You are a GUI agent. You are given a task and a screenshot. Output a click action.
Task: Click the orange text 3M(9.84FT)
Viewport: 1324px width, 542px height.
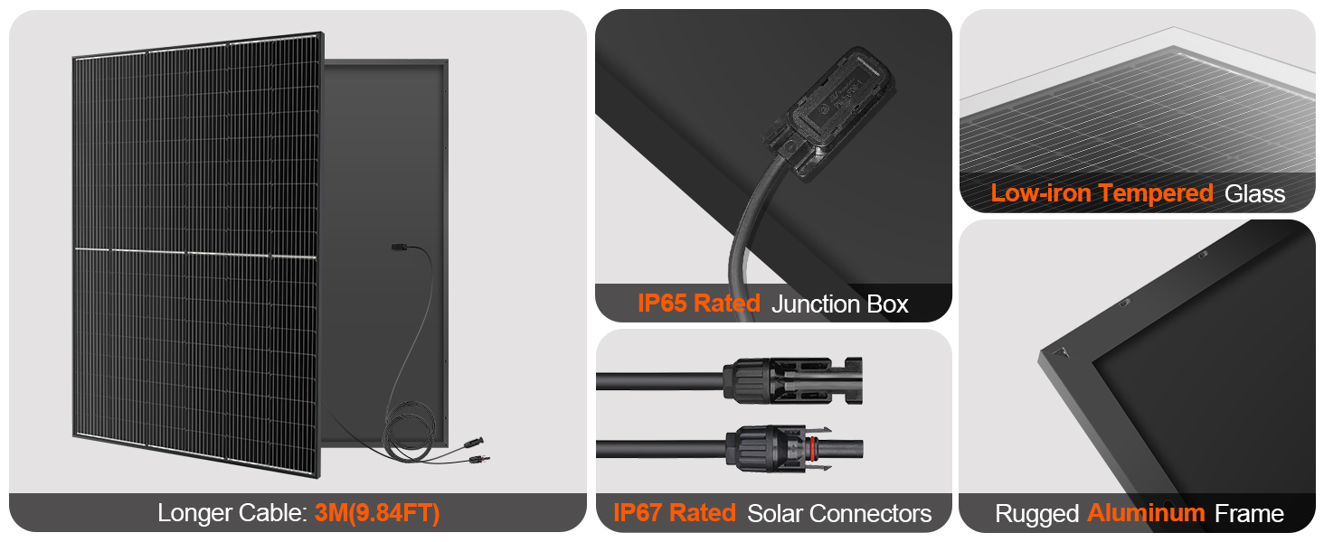tap(378, 513)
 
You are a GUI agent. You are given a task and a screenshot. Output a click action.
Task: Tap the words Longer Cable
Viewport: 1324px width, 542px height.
tap(232, 513)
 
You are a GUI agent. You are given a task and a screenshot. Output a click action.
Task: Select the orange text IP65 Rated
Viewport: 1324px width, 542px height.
tap(698, 304)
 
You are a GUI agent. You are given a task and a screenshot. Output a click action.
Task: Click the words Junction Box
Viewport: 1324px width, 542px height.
tap(839, 304)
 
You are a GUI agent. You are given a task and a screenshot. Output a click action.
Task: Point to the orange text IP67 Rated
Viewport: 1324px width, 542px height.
tap(674, 513)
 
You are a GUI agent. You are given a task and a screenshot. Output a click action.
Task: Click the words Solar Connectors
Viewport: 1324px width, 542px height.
tap(838, 514)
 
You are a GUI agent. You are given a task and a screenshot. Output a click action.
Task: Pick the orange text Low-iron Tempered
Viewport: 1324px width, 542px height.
tap(1102, 192)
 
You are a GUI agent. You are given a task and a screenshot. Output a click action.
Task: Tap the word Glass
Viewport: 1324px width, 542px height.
tap(1254, 193)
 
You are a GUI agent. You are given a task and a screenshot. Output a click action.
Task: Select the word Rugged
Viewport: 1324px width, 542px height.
tap(1036, 514)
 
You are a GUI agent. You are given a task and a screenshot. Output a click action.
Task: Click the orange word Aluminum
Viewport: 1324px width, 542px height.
tap(1146, 513)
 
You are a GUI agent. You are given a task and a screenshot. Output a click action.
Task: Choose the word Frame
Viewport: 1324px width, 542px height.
tap(1249, 514)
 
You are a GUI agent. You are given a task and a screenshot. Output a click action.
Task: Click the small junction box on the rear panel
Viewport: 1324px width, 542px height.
tap(396, 247)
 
